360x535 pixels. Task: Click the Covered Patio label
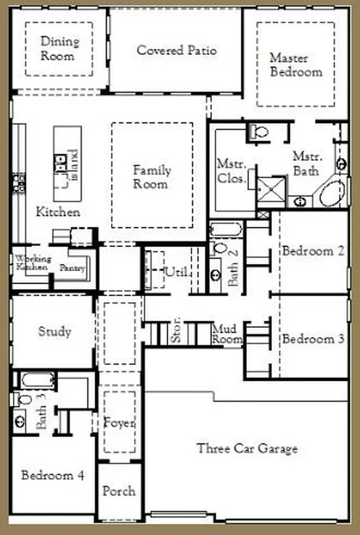tap(177, 51)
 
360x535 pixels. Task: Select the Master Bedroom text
tap(296, 65)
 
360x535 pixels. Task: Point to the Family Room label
tap(152, 177)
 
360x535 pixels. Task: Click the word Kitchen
tap(58, 212)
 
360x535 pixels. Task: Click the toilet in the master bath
tap(259, 132)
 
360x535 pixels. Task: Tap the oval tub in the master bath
tap(332, 193)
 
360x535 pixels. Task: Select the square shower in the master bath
tap(271, 189)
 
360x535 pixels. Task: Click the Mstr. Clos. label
tap(231, 171)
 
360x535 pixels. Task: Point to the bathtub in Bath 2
tap(226, 229)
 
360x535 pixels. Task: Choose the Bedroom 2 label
tap(313, 251)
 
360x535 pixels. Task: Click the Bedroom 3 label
tap(313, 339)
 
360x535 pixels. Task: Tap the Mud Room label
tap(227, 334)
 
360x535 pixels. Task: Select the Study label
tap(54, 332)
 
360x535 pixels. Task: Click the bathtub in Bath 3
tap(38, 380)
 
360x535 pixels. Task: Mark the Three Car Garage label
tap(247, 448)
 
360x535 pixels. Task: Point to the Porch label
tap(119, 491)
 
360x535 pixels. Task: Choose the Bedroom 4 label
tap(53, 475)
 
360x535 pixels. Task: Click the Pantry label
tap(72, 268)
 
